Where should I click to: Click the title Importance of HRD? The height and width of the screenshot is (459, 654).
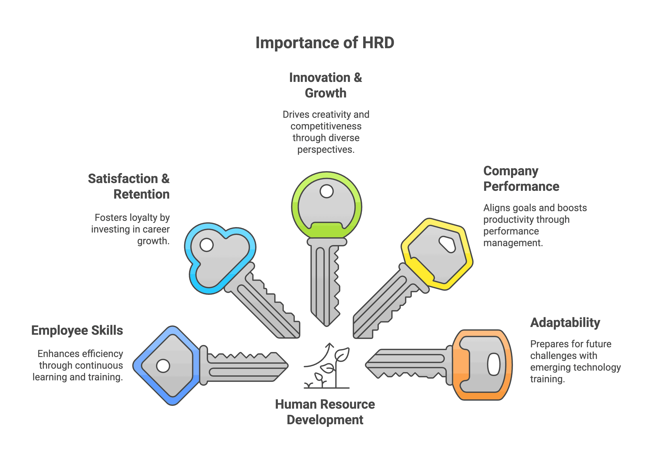(325, 43)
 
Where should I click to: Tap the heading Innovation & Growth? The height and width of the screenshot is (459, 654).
(326, 85)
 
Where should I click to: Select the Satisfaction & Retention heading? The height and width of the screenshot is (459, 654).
(129, 186)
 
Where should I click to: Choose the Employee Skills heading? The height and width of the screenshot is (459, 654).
(77, 330)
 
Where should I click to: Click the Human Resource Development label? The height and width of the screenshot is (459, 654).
(325, 412)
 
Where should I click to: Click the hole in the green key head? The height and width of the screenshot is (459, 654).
(326, 191)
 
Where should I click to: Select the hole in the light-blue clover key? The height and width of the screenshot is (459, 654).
(207, 245)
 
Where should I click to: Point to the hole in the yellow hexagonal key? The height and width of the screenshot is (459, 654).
(447, 244)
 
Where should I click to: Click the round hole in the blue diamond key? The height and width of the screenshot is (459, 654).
(163, 366)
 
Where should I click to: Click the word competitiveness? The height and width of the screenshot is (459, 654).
(326, 126)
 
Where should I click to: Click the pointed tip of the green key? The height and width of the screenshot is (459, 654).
(327, 325)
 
